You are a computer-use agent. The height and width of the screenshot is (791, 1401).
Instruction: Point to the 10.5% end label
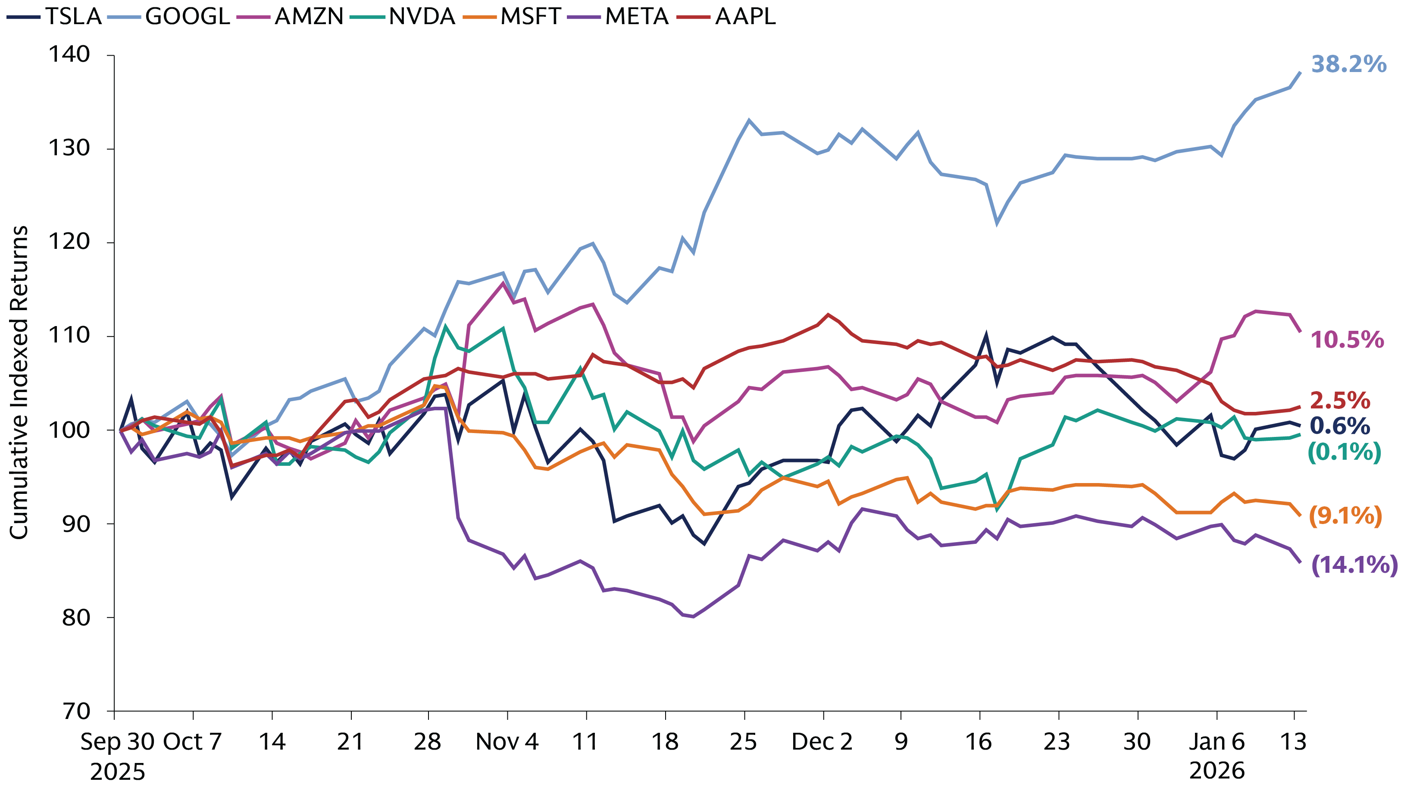(1347, 339)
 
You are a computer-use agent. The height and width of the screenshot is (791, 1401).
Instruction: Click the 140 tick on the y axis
(69, 54)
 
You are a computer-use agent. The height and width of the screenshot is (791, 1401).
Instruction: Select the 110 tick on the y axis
(69, 335)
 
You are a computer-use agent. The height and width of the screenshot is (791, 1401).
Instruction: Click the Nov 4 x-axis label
(507, 741)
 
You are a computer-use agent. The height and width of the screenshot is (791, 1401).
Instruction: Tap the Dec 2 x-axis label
(821, 741)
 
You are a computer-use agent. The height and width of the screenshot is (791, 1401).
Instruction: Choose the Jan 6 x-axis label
(1216, 741)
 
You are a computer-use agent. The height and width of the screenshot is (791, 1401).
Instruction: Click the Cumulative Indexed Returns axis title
(19, 383)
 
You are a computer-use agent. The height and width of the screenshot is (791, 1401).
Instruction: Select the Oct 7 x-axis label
(193, 741)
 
